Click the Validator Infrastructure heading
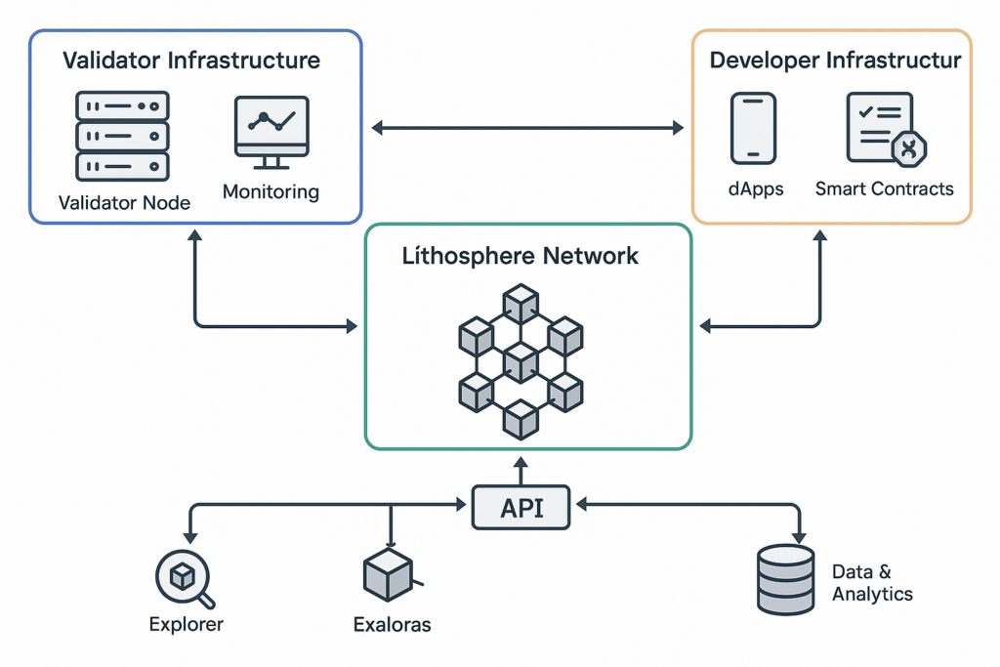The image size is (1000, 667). [x=191, y=61]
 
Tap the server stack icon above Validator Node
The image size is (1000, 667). [x=122, y=136]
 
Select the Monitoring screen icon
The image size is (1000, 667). [x=271, y=132]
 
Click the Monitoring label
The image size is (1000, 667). [x=271, y=191]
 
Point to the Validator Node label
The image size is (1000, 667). [x=124, y=203]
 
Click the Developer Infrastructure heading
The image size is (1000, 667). [x=835, y=61]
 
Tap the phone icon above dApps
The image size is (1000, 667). [x=753, y=128]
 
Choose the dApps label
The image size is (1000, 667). [x=756, y=188]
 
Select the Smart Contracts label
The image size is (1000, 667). [x=885, y=188]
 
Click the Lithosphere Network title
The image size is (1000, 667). [x=521, y=257]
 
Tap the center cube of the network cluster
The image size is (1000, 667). [x=521, y=361]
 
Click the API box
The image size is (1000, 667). [x=521, y=508]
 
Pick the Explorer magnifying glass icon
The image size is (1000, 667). [x=185, y=578]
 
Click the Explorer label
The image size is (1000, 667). [x=186, y=624]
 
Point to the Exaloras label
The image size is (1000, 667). [x=392, y=624]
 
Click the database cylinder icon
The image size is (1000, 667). [x=786, y=580]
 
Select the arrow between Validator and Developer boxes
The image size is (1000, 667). [x=527, y=127]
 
